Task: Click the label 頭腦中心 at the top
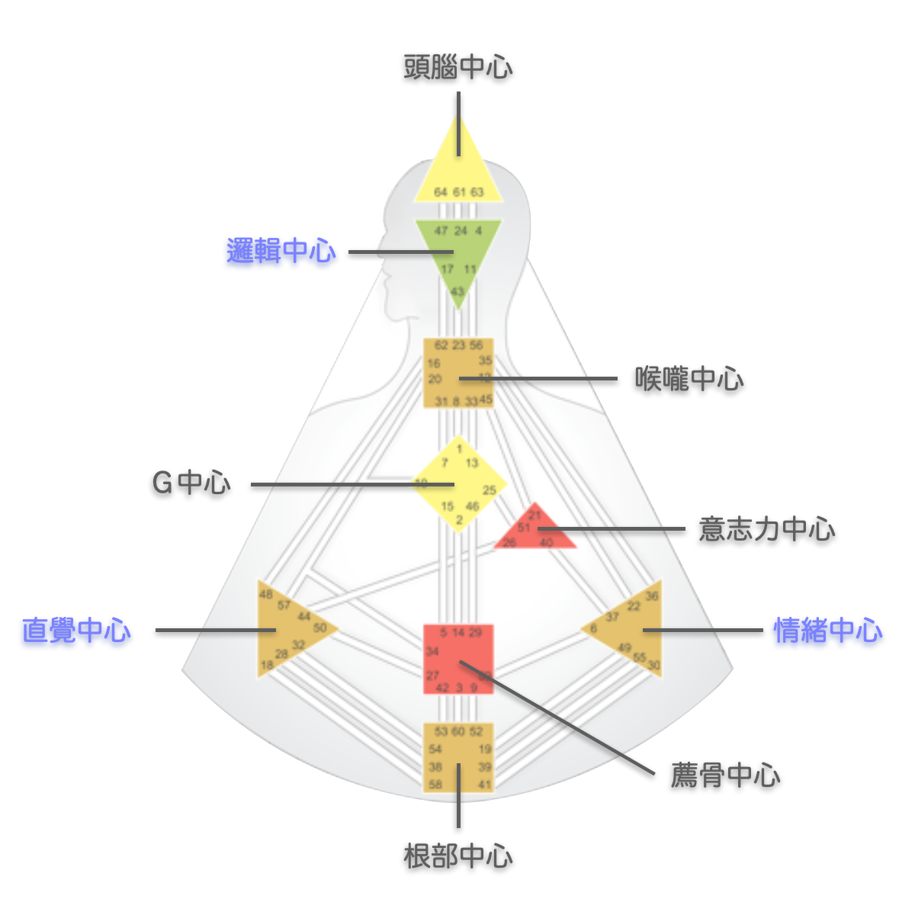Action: tap(457, 67)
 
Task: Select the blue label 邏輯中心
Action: tap(281, 251)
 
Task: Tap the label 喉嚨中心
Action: tap(689, 378)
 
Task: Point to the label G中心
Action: tap(191, 483)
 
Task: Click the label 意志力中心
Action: tap(766, 529)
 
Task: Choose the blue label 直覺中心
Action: tap(76, 631)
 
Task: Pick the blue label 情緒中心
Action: tap(828, 631)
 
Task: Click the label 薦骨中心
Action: tap(725, 775)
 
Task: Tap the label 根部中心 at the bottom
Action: tap(457, 856)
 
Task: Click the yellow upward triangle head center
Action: tap(458, 172)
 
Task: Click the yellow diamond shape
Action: tap(459, 485)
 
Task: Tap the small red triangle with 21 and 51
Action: tap(535, 531)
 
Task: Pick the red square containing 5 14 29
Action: tap(458, 660)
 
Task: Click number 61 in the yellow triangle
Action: tap(459, 192)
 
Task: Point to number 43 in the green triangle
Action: tap(457, 291)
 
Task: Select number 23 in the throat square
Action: tap(458, 345)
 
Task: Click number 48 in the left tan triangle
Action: tap(265, 595)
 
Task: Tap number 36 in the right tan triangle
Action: tap(652, 596)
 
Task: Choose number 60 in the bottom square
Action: tap(457, 731)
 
